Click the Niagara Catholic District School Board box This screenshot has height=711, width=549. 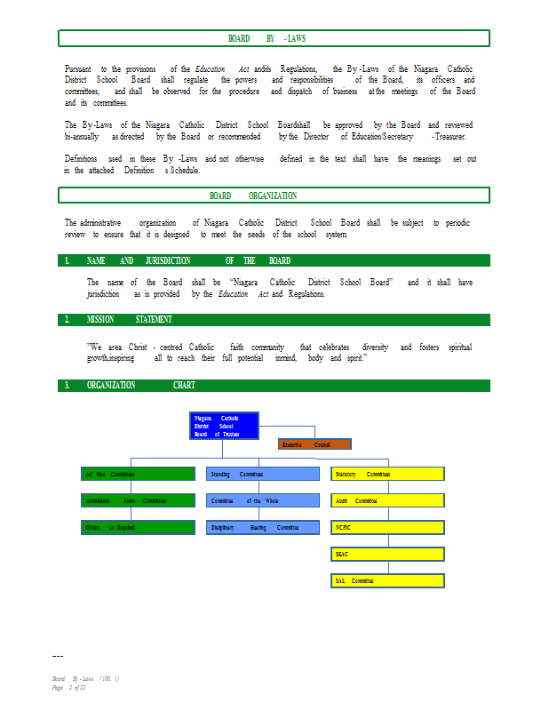[225, 426]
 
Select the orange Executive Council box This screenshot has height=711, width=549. [314, 443]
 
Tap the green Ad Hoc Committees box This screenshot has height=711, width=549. [138, 474]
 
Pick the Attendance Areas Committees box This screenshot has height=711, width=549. [138, 500]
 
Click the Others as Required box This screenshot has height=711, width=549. [138, 527]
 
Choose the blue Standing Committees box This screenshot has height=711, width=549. [263, 474]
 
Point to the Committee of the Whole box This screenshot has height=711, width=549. [263, 500]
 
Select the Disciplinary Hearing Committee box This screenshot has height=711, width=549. [263, 527]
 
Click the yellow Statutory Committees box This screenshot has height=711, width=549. [387, 474]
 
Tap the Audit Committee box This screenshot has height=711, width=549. [387, 500]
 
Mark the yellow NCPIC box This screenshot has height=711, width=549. [387, 527]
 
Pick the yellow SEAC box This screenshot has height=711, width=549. [387, 554]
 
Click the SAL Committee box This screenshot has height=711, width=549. [387, 580]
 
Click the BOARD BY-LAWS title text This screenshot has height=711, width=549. [267, 38]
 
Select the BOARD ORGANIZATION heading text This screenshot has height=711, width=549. [253, 196]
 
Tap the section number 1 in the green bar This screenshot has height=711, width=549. [67, 260]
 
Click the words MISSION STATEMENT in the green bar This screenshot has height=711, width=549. [130, 319]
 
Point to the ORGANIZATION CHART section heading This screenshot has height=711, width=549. [140, 385]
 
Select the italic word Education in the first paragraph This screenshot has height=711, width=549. [210, 68]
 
